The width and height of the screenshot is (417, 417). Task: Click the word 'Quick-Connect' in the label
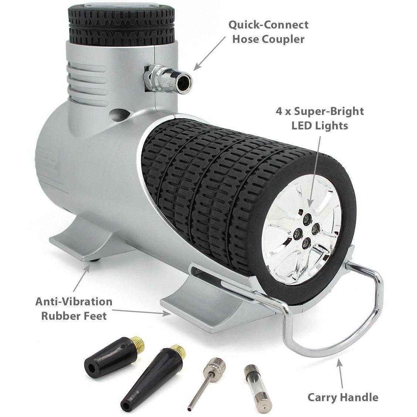click(268, 25)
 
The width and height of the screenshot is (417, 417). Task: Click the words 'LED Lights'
click(319, 125)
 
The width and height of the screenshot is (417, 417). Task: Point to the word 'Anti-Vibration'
click(74, 302)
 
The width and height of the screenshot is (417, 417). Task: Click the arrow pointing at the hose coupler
click(209, 53)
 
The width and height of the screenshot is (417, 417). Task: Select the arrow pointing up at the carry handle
click(340, 375)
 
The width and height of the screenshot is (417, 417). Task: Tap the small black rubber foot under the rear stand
click(95, 261)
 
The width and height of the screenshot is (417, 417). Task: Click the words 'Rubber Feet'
click(74, 316)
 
